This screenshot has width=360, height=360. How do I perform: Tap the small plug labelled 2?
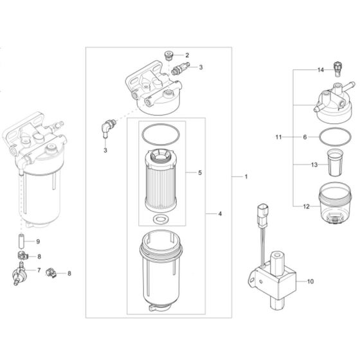(x=170, y=55)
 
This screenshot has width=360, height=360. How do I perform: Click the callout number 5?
(x=201, y=173)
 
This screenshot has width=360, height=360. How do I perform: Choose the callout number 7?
(x=39, y=271)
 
